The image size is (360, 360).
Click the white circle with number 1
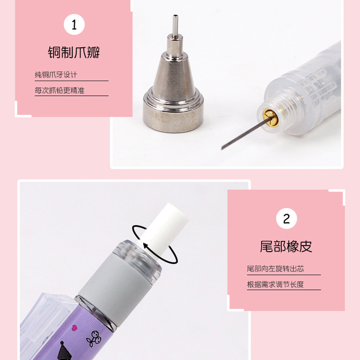click(74, 24)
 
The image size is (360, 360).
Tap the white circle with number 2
click(286, 218)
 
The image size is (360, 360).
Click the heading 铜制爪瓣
click(74, 53)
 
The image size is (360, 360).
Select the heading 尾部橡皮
click(286, 246)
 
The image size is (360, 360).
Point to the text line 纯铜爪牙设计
click(56, 75)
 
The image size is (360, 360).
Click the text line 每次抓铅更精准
click(59, 90)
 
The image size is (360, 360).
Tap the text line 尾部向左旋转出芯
click(275, 269)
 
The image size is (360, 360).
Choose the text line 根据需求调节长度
click(275, 284)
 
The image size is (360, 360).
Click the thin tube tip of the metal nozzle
click(175, 25)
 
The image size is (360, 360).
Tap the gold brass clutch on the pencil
click(270, 117)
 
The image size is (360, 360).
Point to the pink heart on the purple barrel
click(74, 328)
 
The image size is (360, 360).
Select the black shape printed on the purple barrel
click(63, 351)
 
